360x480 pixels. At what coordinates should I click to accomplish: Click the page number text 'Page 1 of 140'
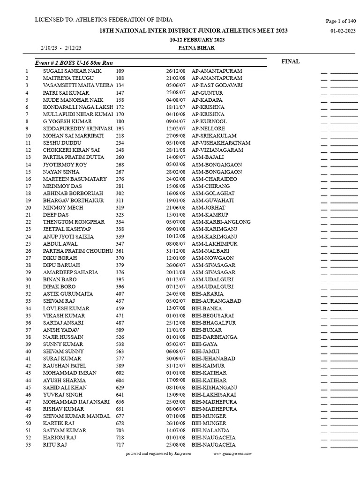(341, 21)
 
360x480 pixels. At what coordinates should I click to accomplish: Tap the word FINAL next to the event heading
(291, 61)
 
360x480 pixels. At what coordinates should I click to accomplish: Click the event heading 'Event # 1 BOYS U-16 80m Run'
(74, 63)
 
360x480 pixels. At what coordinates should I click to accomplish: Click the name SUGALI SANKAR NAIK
(71, 71)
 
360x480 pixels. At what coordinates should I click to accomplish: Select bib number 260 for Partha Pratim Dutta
(120, 157)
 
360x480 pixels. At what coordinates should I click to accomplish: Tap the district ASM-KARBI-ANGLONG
(221, 222)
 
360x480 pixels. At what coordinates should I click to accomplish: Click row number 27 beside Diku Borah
(28, 258)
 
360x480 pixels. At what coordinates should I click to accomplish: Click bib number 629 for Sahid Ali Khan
(120, 387)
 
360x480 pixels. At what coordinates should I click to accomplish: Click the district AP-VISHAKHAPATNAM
(221, 143)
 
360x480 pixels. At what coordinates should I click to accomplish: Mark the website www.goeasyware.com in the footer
(232, 454)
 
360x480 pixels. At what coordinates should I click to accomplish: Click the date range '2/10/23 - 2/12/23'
(61, 48)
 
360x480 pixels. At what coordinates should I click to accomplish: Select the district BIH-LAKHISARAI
(214, 395)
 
